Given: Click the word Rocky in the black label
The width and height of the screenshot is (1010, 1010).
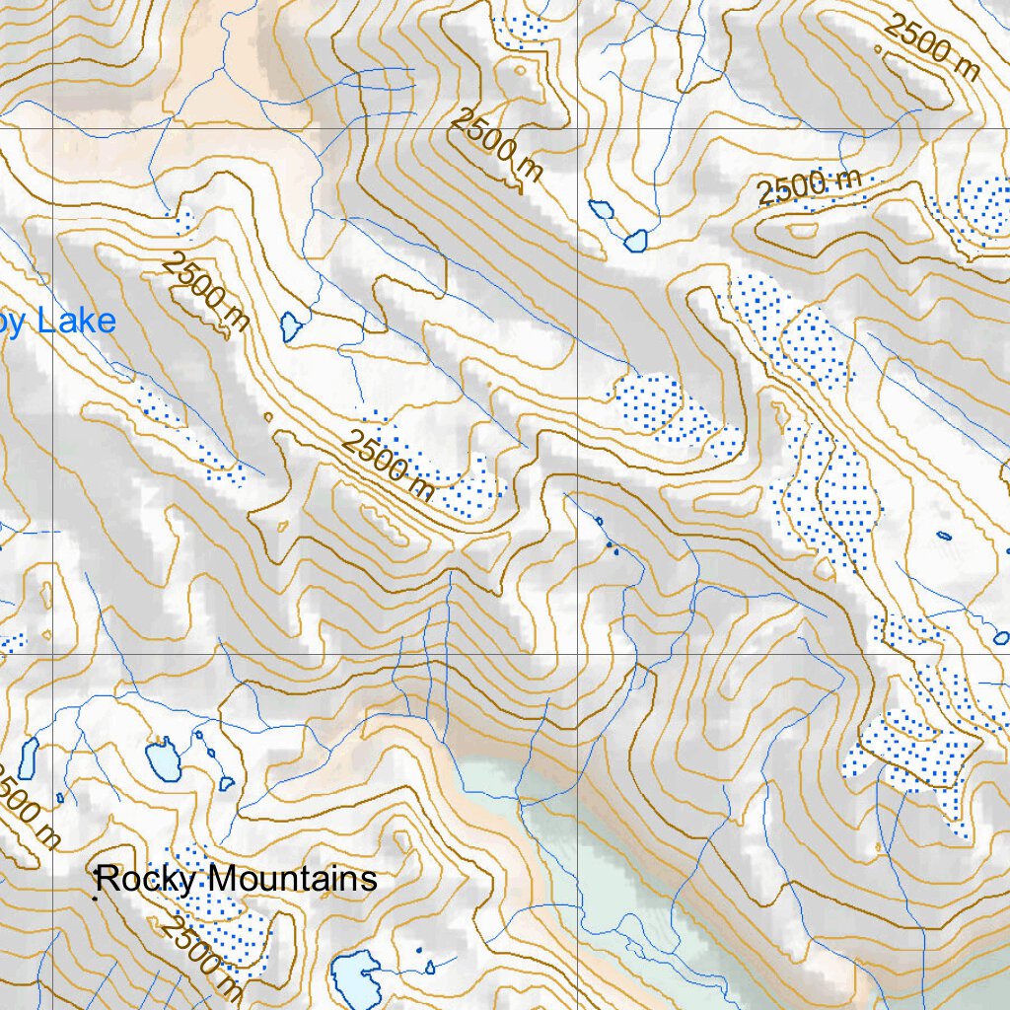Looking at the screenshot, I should pyautogui.click(x=138, y=878).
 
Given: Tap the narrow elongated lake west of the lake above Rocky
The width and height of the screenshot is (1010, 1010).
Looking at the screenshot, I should pyautogui.click(x=28, y=757).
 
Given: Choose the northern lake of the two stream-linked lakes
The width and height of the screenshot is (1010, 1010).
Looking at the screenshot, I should pyautogui.click(x=600, y=208).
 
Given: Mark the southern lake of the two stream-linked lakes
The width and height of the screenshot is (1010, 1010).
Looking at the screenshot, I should pyautogui.click(x=635, y=240).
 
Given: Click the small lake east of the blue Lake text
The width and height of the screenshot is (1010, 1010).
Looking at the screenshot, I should pyautogui.click(x=290, y=325).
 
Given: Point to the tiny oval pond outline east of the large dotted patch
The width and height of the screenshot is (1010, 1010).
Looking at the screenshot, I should pyautogui.click(x=944, y=536).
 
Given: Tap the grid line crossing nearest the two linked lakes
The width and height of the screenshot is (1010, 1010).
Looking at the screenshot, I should pyautogui.click(x=577, y=128).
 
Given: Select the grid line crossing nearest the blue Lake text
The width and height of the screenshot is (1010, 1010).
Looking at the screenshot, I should pyautogui.click(x=52, y=128).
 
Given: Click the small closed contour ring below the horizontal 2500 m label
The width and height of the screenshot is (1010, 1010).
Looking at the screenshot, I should pyautogui.click(x=801, y=230).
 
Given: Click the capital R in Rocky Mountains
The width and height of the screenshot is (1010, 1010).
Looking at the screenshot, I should pyautogui.click(x=107, y=879).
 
